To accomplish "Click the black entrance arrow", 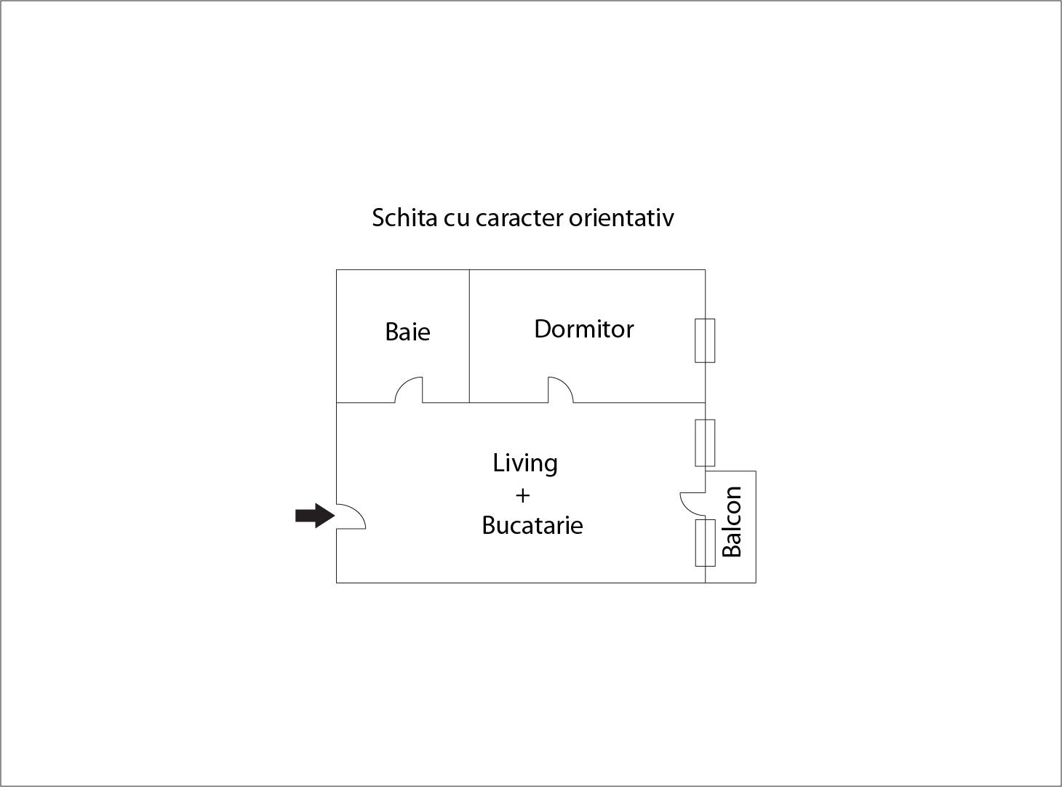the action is [x=314, y=516].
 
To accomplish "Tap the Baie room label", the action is [x=407, y=332].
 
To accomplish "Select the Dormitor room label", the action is [x=583, y=329].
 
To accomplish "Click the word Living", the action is [x=525, y=463].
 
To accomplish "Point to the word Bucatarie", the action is [x=532, y=525].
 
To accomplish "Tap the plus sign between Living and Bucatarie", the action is [x=522, y=495].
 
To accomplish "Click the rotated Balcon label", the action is [x=732, y=522].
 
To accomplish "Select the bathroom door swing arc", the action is [x=408, y=389].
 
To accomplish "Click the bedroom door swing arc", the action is [x=561, y=389].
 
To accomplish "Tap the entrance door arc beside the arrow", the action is [x=351, y=516].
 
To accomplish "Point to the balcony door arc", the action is [x=692, y=503].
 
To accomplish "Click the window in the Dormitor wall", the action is [x=705, y=340].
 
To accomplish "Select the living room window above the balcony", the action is [x=705, y=443].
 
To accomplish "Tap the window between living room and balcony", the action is [x=706, y=543].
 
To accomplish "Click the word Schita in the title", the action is [x=404, y=218].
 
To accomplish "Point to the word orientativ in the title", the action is [x=621, y=218].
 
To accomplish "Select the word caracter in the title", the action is [x=519, y=219].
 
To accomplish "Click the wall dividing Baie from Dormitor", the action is [x=469, y=336].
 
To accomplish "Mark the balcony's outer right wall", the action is [x=756, y=527].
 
